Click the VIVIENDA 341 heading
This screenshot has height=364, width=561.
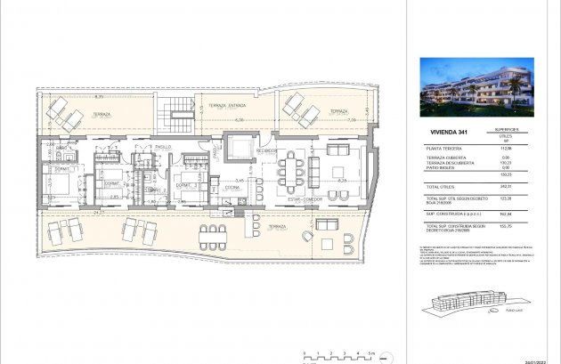pyautogui.click(x=443, y=132)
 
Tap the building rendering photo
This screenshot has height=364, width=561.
pyautogui.click(x=476, y=87)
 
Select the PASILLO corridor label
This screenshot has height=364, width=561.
pyautogui.click(x=163, y=146)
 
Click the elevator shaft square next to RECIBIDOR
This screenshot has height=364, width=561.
pyautogui.click(x=240, y=145)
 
